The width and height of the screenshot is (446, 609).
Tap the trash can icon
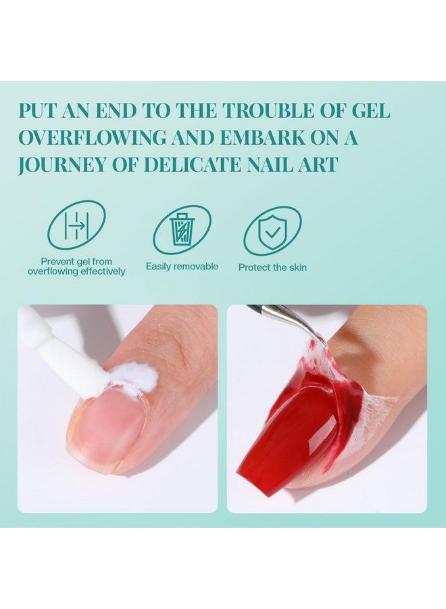pos(182,229)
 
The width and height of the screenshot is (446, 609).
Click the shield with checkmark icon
pos(272,230)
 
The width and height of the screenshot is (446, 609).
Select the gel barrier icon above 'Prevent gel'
pos(76,225)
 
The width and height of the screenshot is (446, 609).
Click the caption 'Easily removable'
pos(182,267)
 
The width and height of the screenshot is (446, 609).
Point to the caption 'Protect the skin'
pos(272,267)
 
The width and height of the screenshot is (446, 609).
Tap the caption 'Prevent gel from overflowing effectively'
pos(76,266)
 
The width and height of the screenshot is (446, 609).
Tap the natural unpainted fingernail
pos(108,430)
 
